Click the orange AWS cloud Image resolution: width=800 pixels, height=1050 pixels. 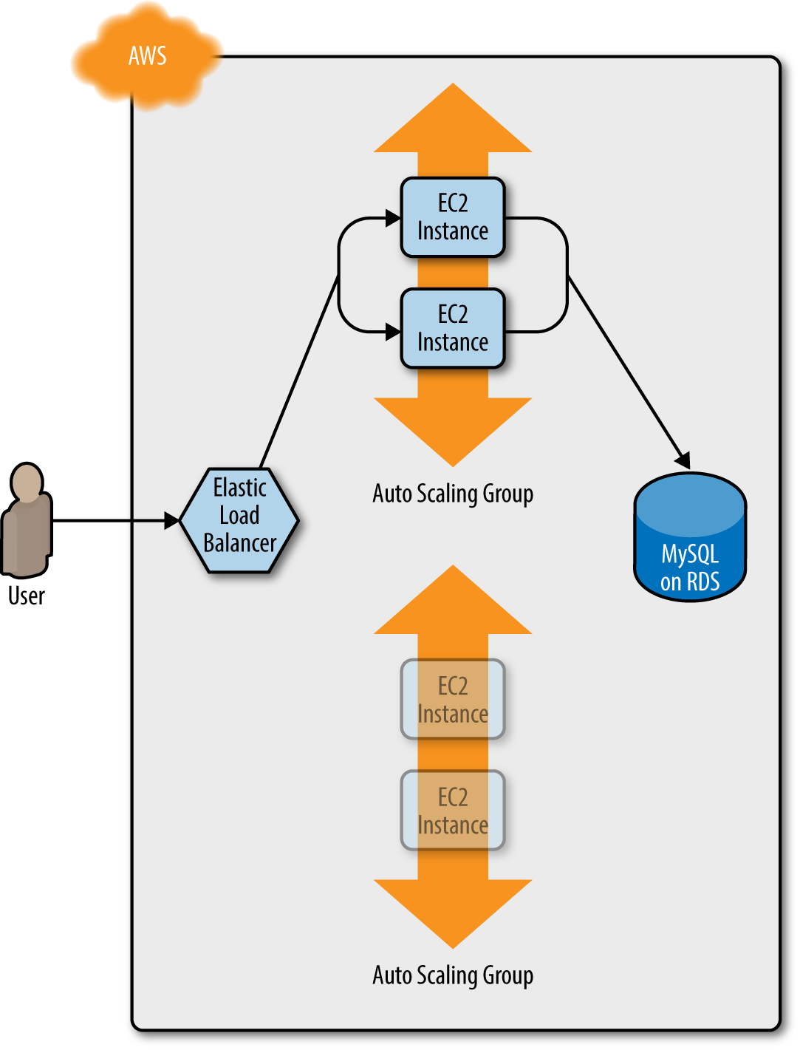[147, 56]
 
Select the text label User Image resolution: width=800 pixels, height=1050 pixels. [27, 596]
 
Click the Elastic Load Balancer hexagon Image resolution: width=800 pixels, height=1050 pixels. [239, 519]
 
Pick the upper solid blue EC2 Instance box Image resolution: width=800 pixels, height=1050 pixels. [453, 217]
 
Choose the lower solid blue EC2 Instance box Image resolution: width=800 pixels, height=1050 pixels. [453, 329]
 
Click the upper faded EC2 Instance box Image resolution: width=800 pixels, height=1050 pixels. [453, 699]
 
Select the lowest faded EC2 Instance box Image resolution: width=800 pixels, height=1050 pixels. [453, 811]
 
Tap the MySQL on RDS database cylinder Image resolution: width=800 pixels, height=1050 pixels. [690, 538]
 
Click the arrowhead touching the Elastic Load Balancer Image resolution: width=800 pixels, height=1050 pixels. [171, 521]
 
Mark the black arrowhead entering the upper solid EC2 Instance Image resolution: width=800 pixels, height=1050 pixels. [393, 218]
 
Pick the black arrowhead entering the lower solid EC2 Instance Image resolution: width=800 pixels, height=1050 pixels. [393, 332]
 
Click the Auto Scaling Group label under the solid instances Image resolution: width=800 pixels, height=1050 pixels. [453, 494]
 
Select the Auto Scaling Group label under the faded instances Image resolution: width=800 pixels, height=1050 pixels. [453, 975]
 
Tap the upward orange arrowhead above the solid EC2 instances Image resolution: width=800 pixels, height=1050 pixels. [453, 122]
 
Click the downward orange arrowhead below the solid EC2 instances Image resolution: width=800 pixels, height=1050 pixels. [453, 429]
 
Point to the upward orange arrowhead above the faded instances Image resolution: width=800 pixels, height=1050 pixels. [453, 604]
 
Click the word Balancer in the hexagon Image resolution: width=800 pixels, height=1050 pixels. [239, 544]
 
